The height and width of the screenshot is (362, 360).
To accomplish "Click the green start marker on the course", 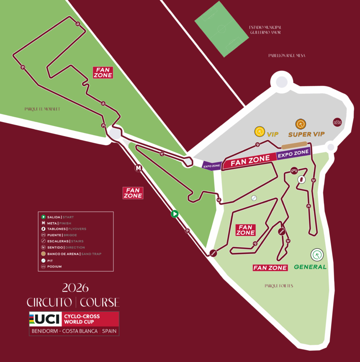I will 175,214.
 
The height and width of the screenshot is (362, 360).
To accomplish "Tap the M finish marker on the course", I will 139,168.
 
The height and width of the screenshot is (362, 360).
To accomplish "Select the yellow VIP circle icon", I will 260,132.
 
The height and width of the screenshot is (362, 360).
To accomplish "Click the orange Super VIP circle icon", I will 301,124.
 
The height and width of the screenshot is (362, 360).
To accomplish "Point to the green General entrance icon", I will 317,254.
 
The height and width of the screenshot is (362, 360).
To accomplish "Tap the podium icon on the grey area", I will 337,122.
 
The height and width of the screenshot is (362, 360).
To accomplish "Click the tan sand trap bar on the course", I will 294,145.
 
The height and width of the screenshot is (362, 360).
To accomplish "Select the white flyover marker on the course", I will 301,180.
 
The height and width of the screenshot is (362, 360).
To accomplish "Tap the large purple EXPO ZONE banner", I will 293,153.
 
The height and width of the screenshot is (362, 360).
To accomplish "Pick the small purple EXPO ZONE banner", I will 211,166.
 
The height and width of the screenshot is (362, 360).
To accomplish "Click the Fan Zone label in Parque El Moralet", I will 103,72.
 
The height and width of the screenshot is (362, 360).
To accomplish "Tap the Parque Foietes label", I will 279,286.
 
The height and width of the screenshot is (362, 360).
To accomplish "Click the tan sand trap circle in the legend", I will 44,254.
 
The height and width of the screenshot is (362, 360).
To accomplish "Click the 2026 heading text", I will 75,288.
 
